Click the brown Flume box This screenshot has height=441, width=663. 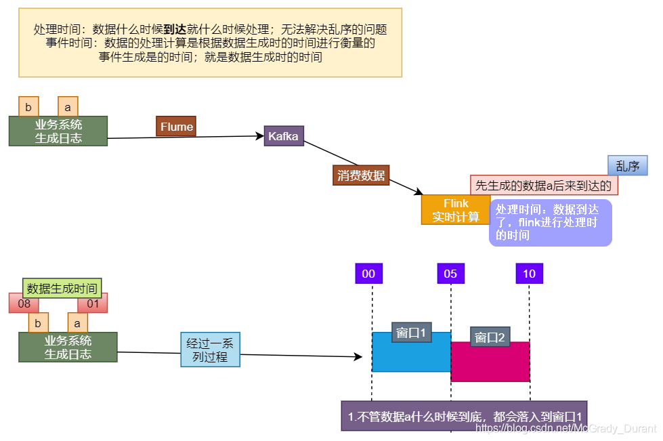tap(176, 127)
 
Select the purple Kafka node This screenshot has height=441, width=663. tap(283, 136)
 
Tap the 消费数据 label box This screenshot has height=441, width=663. tap(361, 175)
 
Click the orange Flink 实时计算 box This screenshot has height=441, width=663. tap(455, 210)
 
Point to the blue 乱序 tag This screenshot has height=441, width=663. tap(627, 166)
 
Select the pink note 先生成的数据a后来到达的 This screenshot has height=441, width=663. tap(543, 185)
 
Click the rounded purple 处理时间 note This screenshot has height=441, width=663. tap(550, 222)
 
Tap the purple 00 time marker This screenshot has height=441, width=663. tap(368, 274)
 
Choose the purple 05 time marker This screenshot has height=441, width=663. tap(450, 274)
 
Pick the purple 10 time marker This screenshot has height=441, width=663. tap(529, 274)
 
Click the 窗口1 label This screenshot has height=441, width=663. tap(411, 333)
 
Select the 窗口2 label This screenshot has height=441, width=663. tap(490, 337)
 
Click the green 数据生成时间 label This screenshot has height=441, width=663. tap(62, 289)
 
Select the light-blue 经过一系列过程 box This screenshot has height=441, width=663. tap(210, 350)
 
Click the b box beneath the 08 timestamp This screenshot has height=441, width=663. tap(38, 323)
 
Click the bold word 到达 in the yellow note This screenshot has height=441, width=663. tap(175, 30)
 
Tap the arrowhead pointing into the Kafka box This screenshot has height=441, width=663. tap(260, 137)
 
